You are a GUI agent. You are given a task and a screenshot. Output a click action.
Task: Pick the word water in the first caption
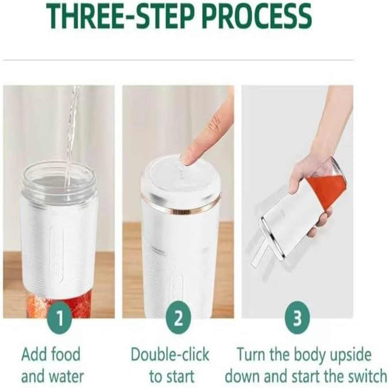pos(68,376)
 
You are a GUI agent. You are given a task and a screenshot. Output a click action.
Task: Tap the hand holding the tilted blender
pos(310,181)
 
